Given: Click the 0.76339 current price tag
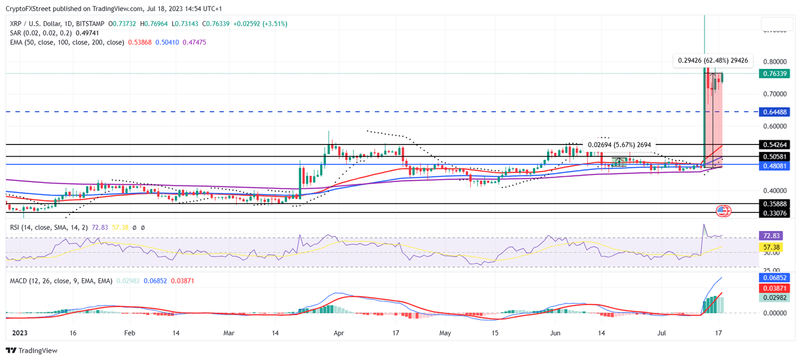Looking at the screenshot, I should [775, 74].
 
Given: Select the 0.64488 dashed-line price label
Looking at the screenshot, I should [775, 112].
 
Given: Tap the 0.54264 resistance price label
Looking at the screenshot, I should [775, 144].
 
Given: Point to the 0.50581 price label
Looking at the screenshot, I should [775, 157].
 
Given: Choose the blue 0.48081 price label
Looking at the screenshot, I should [775, 165].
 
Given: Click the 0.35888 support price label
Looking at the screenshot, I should [775, 204].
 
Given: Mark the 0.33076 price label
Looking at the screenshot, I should [775, 213].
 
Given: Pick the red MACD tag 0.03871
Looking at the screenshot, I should [775, 288].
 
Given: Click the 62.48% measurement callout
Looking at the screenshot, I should [713, 61].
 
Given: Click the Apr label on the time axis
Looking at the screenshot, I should [338, 332].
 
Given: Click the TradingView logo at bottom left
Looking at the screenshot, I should [32, 351].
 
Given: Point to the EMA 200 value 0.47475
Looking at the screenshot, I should [194, 42].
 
